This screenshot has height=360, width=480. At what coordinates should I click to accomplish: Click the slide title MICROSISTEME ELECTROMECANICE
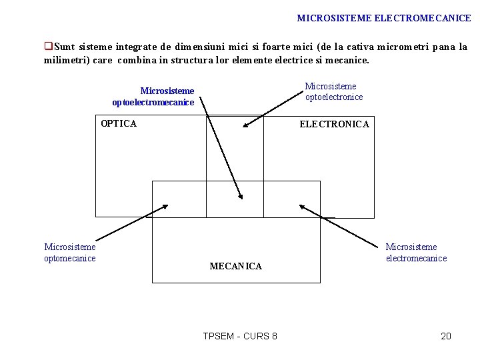pos(383,19)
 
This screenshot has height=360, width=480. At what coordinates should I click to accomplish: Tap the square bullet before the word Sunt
pos(48,47)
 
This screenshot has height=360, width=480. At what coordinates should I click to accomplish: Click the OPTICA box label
pos(118,123)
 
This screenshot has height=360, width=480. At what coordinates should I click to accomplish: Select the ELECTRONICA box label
pos(334,124)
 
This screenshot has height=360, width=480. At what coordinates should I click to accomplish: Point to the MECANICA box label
pos(235,266)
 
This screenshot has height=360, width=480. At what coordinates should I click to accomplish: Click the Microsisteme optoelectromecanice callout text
pos(153,97)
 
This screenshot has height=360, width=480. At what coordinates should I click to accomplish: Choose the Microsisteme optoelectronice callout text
pos(333,91)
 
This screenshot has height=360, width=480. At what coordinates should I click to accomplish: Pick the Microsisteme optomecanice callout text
pos(70,253)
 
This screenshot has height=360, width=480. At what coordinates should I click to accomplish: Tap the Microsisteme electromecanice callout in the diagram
pos(416,253)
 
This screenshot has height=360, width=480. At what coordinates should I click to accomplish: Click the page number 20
pos(446,336)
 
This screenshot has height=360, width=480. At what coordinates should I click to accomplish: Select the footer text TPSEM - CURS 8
pos(240,336)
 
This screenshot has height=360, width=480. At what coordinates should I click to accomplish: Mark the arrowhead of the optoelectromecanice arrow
pos(241,195)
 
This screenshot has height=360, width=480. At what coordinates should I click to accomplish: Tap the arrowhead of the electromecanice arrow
pos(301,207)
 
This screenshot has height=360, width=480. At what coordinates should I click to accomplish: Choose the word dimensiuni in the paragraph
pos(200,47)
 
